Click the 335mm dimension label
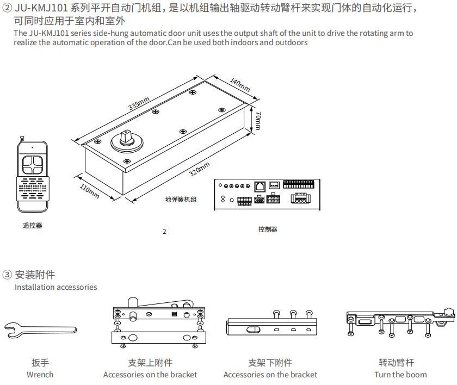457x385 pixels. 139,103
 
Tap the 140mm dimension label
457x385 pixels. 239,85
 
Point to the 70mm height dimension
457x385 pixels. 258,121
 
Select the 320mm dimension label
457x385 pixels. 200,169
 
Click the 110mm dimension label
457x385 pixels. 89,191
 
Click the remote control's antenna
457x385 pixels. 23,140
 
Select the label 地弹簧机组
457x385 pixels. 181,200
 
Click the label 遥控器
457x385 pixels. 32,226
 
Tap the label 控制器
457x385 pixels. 268,229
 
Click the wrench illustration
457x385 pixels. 40,328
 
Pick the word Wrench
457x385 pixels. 40,374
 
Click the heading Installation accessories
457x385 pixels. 55,287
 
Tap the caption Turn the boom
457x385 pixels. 400,374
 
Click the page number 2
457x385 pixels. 164,232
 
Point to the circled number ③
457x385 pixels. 7,275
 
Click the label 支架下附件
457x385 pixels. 270,363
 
